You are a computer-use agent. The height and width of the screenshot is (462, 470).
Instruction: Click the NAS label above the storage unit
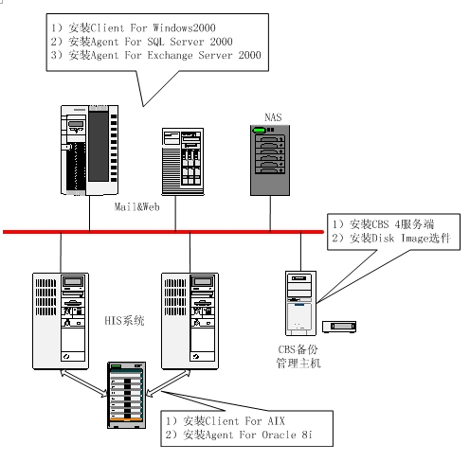(x=273, y=117)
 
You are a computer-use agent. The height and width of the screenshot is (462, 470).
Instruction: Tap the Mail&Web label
(x=136, y=207)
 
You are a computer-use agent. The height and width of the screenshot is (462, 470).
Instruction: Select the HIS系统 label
(x=124, y=321)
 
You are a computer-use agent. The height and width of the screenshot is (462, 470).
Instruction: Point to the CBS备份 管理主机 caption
(x=298, y=356)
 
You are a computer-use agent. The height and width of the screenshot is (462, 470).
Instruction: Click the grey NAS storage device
(x=270, y=160)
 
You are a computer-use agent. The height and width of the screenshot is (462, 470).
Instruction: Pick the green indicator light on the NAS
(x=259, y=130)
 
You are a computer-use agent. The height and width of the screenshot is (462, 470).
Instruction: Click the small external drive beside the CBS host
(x=339, y=327)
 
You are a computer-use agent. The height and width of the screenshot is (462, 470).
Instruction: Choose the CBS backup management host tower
(x=300, y=303)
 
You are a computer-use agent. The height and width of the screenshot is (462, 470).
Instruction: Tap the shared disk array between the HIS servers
(x=126, y=395)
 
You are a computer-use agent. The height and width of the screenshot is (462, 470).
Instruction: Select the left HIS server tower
(x=61, y=321)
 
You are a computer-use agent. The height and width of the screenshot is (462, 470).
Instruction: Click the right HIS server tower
(x=190, y=321)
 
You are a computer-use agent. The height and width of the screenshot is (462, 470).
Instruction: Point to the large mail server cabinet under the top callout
(x=89, y=151)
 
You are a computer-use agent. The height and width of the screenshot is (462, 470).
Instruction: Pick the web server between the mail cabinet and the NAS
(x=183, y=162)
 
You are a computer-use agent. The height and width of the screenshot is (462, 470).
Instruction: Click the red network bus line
(x=163, y=232)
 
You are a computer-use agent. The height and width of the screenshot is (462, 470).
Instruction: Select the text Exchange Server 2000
(x=204, y=55)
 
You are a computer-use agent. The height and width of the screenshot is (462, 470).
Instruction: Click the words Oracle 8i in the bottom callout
(x=287, y=435)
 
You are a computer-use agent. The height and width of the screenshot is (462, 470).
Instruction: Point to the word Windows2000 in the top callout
(x=184, y=27)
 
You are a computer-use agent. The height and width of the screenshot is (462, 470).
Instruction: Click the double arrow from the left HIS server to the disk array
(x=83, y=383)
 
